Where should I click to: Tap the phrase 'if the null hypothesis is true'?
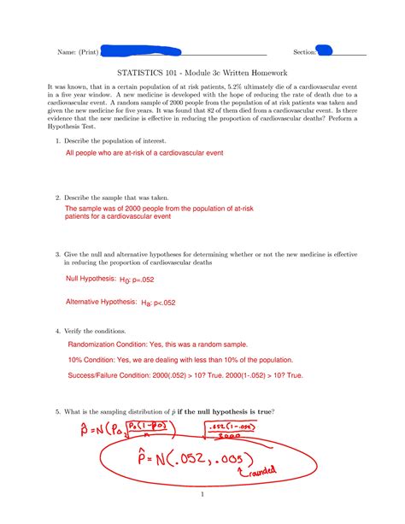(232, 410)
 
